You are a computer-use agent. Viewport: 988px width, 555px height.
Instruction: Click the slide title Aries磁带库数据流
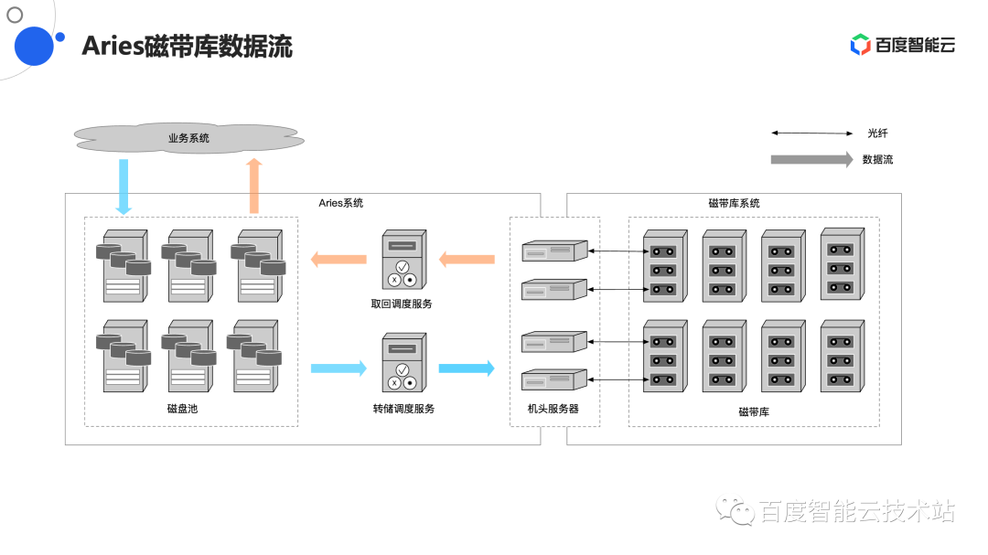187,47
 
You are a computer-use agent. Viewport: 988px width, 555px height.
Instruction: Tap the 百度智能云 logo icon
860,45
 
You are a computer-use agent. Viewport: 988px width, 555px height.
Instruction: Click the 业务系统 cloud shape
188,138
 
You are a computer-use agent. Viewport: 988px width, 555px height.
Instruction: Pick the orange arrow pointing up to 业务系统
254,187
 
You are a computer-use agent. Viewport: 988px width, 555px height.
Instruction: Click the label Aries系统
340,203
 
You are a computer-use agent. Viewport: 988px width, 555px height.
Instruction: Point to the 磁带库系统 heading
734,203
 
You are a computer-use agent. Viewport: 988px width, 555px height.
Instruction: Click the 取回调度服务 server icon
403,261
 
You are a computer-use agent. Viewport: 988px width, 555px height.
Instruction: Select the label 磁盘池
182,409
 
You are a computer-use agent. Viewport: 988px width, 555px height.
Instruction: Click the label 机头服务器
553,409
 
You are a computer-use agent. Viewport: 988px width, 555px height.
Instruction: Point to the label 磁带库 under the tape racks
754,411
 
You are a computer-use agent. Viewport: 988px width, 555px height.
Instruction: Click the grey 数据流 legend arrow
811,159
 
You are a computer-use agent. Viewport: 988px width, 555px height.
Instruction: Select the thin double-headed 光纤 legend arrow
811,133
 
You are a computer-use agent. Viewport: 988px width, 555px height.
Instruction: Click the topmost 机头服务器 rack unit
553,251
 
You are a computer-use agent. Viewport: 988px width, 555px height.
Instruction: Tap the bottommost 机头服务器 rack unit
553,379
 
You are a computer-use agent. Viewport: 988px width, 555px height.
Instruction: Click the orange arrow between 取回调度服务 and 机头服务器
467,260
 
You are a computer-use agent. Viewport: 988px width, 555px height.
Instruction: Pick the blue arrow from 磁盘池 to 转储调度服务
338,368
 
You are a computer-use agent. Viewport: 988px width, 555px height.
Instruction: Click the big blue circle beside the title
36,46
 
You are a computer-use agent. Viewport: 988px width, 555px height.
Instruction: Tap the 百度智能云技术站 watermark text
855,512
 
